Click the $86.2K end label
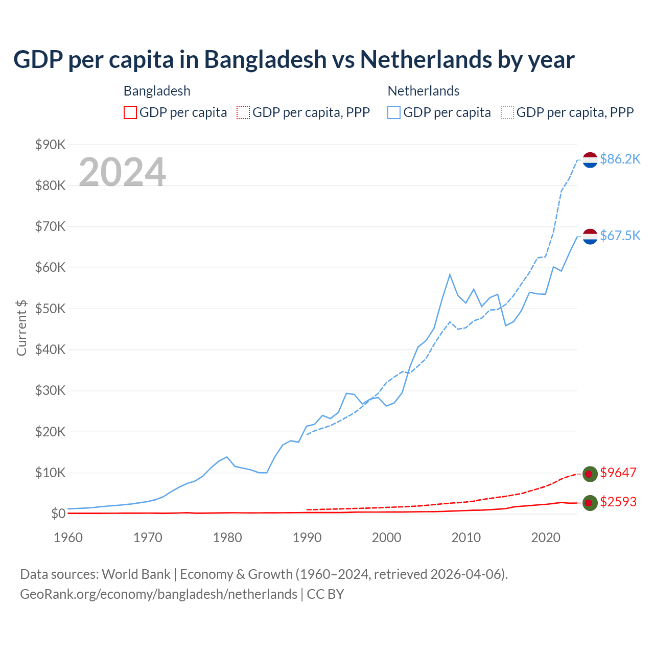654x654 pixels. [x=620, y=159]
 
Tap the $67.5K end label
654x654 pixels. [x=620, y=236]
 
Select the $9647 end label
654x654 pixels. [x=618, y=473]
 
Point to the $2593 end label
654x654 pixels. [x=618, y=502]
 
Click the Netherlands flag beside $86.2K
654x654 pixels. [x=590, y=160]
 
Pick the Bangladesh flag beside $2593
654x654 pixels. [x=590, y=503]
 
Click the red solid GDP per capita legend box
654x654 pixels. [x=130, y=112]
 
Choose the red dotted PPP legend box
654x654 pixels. [x=243, y=112]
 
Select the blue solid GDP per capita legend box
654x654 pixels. [x=394, y=112]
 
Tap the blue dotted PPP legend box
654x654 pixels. [x=507, y=112]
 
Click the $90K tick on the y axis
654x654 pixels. [x=51, y=145]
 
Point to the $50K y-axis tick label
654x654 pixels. [x=51, y=309]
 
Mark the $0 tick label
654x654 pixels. [x=58, y=513]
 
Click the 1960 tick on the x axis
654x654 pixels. [x=68, y=538]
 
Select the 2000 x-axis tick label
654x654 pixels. [x=387, y=538]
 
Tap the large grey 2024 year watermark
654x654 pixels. [x=123, y=172]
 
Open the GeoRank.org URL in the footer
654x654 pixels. [x=158, y=594]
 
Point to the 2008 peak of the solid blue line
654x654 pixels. [x=450, y=275]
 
